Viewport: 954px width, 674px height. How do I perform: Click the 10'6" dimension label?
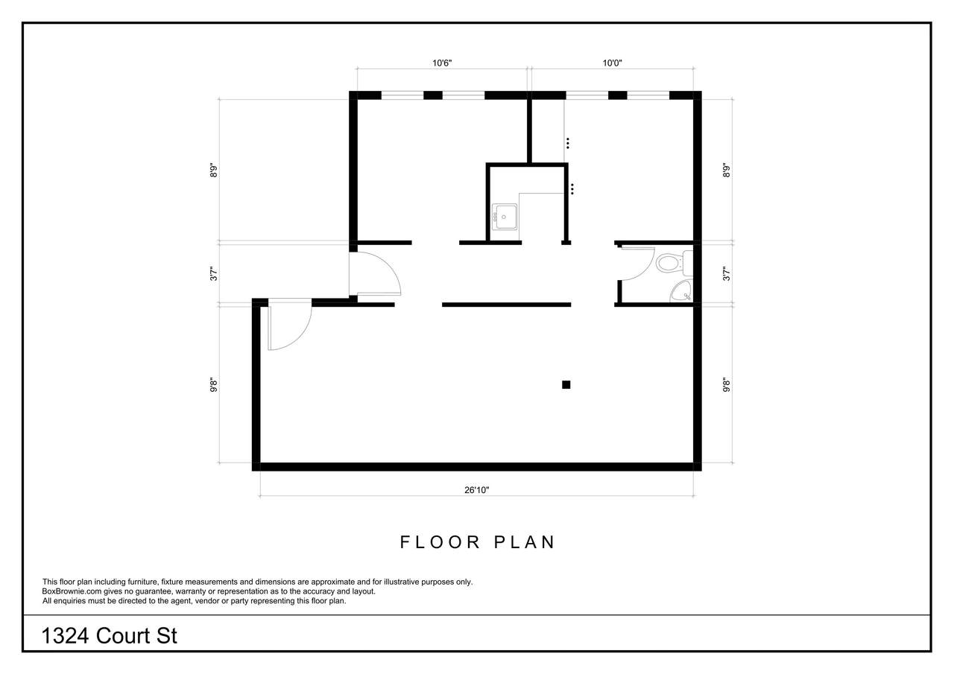click(x=442, y=63)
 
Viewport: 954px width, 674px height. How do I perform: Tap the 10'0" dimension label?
click(x=612, y=63)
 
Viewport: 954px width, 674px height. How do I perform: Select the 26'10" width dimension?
click(x=476, y=490)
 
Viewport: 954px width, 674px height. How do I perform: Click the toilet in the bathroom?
click(x=674, y=263)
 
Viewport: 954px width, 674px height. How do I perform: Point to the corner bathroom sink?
click(x=682, y=291)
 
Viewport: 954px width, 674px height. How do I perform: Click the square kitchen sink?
click(x=505, y=217)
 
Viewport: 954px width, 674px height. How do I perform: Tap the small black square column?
click(x=566, y=384)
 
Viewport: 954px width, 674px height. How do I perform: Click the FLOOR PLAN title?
click(x=478, y=542)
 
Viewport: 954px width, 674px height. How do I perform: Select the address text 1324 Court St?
click(x=110, y=636)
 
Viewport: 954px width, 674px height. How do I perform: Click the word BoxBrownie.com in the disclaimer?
click(x=72, y=591)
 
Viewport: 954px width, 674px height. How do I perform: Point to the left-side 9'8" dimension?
click(x=213, y=386)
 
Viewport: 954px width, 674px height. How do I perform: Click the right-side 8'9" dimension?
click(x=726, y=171)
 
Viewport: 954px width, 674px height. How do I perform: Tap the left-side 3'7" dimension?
click(x=213, y=273)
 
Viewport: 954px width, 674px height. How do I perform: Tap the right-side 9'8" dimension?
click(x=726, y=386)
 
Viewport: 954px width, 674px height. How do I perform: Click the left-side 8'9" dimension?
click(x=213, y=171)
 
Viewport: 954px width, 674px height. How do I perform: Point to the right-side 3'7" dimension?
click(x=726, y=273)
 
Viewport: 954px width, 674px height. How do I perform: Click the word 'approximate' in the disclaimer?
click(x=333, y=582)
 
